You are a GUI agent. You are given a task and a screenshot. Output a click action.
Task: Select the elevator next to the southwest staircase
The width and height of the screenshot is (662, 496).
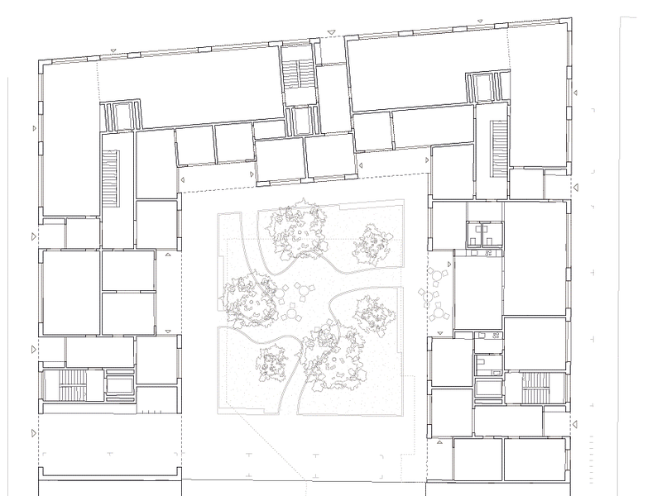[x=118, y=385]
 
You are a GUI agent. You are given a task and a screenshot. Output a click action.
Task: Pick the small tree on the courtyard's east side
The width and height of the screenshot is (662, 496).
[x=373, y=313]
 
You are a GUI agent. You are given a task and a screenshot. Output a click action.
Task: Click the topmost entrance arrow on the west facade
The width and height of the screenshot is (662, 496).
[x=33, y=130]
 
